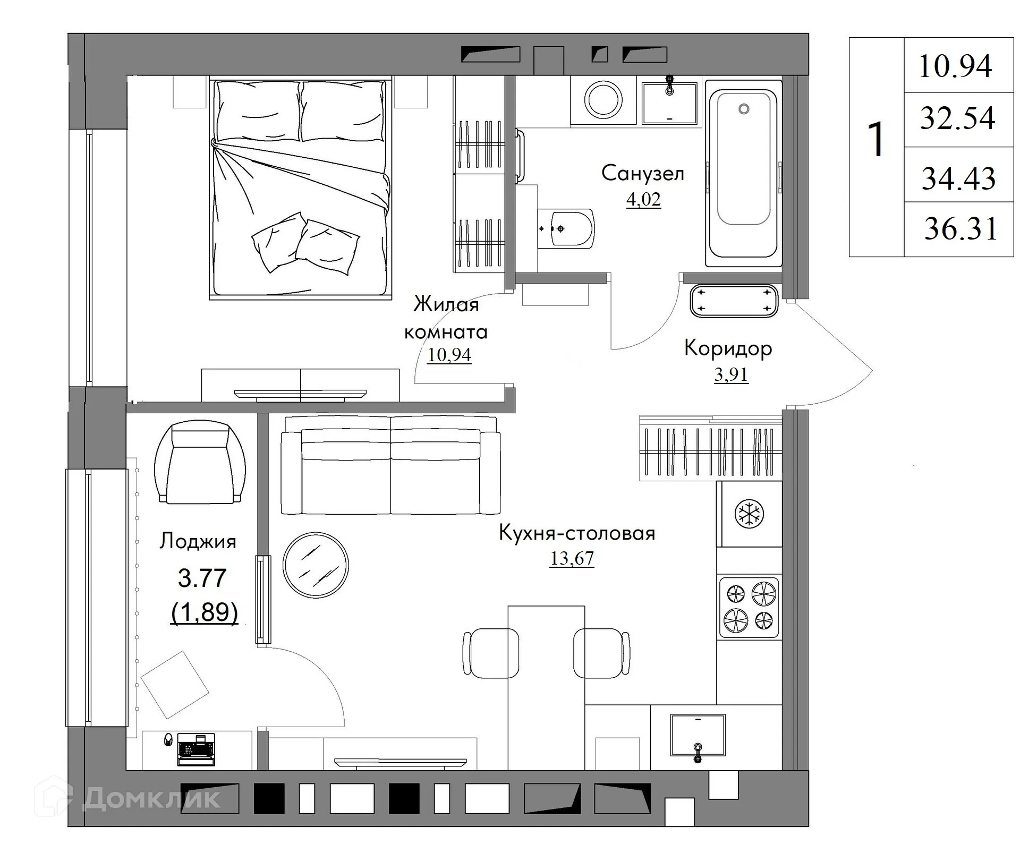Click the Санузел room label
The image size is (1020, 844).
point(642,173)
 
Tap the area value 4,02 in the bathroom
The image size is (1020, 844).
point(643,200)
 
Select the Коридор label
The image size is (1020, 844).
point(728,348)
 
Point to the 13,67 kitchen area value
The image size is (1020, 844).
point(572,558)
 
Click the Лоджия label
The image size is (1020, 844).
point(198,541)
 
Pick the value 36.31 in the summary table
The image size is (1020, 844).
point(960,229)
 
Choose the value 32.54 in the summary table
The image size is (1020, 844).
point(957,118)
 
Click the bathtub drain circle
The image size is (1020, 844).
point(744,109)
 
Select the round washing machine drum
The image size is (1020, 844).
point(603,99)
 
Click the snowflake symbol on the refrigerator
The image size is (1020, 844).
point(749,514)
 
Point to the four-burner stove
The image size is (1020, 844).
point(749,607)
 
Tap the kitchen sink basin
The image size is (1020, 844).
point(698,735)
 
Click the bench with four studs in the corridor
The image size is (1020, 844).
point(734,301)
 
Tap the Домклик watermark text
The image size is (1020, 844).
point(151,798)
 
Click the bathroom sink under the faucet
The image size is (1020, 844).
point(669,104)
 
